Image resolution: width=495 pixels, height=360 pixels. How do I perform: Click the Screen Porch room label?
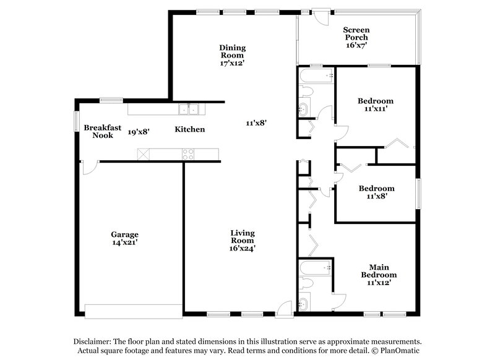click(356, 33)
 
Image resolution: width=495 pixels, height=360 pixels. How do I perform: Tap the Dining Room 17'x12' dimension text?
click(232, 63)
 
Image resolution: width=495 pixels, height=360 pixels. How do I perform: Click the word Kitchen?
click(189, 129)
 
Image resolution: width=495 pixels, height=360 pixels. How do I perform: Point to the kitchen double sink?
click(188, 109)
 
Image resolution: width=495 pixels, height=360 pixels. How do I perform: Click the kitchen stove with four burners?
click(187, 154)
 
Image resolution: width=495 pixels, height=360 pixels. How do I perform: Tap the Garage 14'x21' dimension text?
click(124, 242)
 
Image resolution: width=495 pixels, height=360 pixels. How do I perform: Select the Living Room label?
click(243, 237)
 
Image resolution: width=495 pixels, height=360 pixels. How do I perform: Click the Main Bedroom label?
click(379, 270)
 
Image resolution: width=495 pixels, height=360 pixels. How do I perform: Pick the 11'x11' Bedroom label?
click(376, 105)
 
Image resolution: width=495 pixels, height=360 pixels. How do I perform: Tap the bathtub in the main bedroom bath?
click(316, 268)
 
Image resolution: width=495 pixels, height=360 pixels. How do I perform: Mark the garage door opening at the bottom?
click(133, 311)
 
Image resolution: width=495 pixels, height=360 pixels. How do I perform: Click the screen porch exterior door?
click(321, 15)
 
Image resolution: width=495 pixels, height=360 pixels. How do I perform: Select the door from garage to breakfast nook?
click(89, 166)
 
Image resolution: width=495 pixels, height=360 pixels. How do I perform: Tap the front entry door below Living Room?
click(285, 309)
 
